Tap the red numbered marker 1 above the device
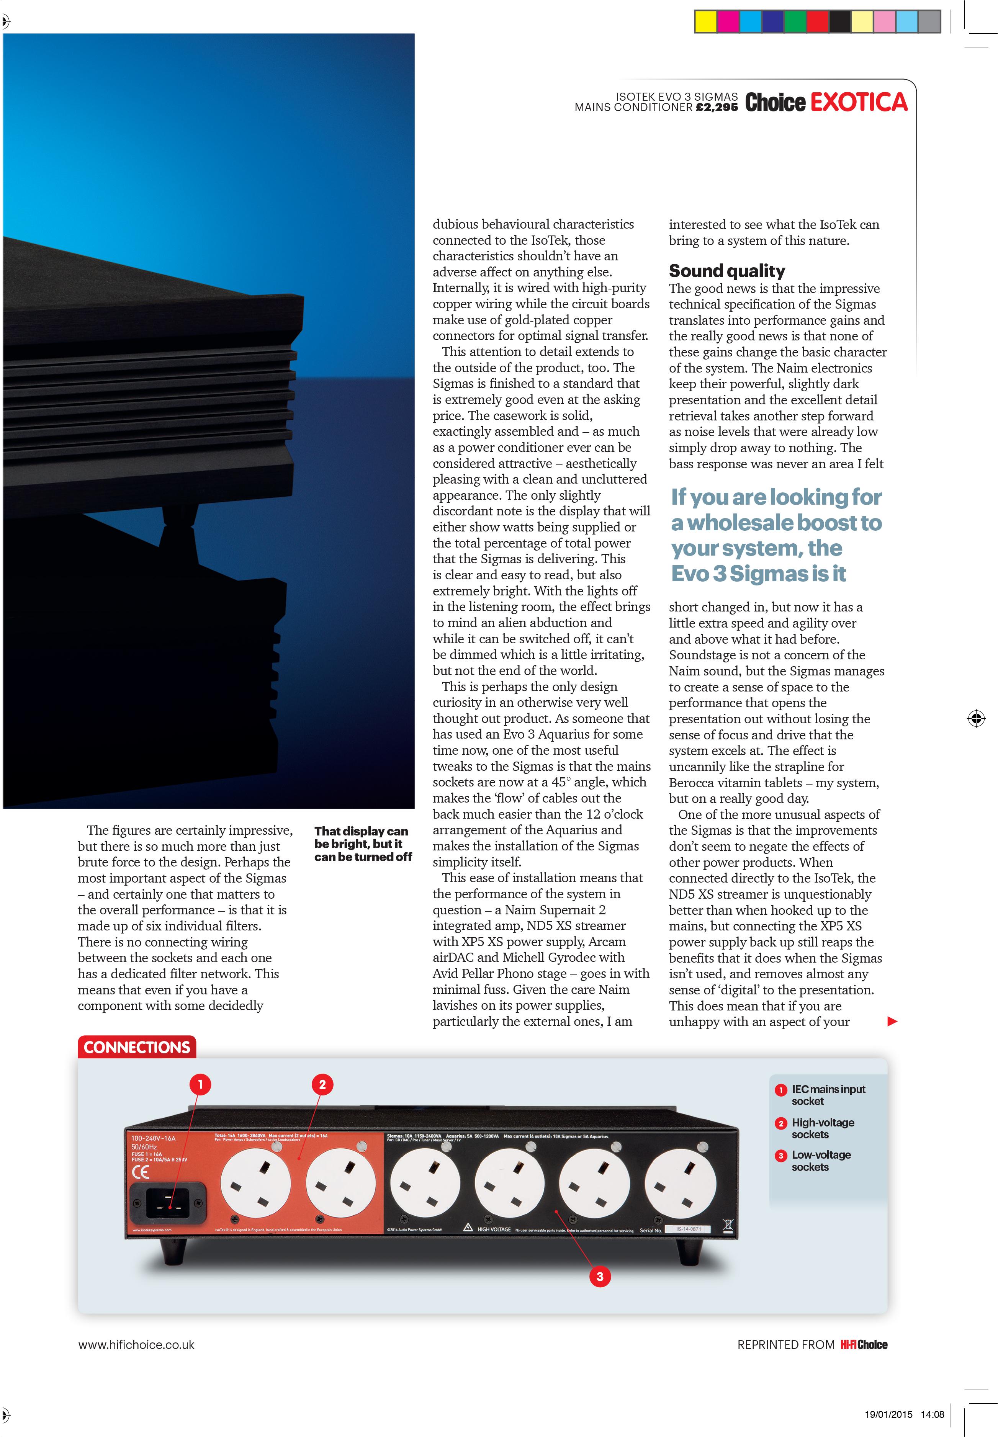coord(200,1084)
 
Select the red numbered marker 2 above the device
coord(322,1084)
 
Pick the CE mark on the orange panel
coord(141,1172)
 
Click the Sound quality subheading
coord(726,271)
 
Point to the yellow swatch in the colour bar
coord(706,22)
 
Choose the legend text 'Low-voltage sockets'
coord(820,1161)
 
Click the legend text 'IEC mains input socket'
coord(828,1095)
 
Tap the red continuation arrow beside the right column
coord(892,1021)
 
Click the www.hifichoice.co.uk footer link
coord(136,1344)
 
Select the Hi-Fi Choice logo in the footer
coord(864,1344)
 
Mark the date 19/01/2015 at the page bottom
coord(888,1414)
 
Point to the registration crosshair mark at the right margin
coord(975,718)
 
